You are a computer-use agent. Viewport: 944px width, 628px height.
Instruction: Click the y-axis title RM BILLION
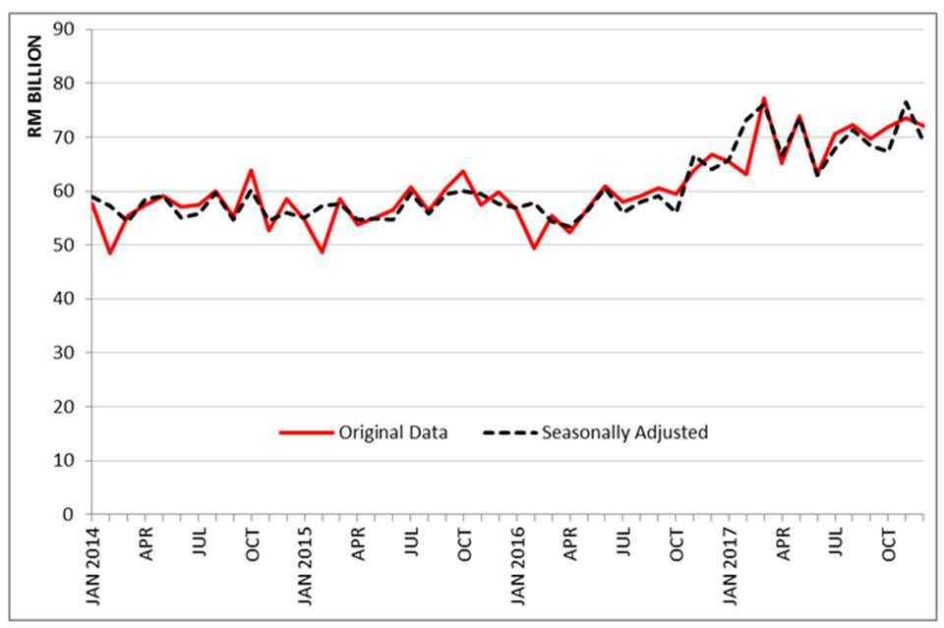pos(35,86)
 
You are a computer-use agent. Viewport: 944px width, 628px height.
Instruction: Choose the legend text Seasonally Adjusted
pos(625,432)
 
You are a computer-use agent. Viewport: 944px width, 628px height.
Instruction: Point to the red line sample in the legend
pos(305,432)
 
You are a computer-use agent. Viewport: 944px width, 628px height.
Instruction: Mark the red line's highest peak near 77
pos(764,98)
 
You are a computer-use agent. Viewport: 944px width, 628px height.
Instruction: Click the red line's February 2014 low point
pos(109,254)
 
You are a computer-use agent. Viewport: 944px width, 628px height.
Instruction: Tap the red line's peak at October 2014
pos(251,170)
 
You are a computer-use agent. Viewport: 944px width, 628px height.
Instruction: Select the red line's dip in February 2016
pos(534,248)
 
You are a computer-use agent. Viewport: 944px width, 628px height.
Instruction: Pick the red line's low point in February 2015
pos(322,253)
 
